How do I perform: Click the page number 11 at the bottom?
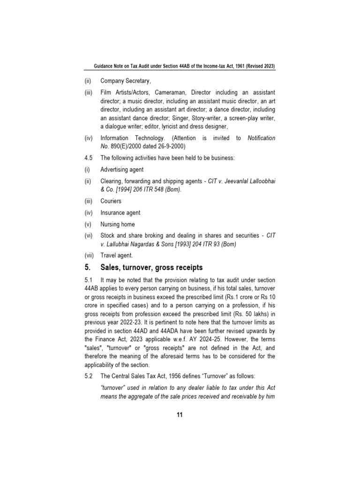click(180, 414)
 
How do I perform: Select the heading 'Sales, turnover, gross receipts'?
click(151, 267)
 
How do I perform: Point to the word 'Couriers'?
click(111, 201)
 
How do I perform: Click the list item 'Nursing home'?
click(117, 224)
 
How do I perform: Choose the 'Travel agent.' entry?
click(117, 255)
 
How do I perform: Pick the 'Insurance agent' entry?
click(120, 212)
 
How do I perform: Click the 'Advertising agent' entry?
click(122, 170)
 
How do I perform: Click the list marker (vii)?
click(89, 255)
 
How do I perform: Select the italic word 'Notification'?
click(261, 138)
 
